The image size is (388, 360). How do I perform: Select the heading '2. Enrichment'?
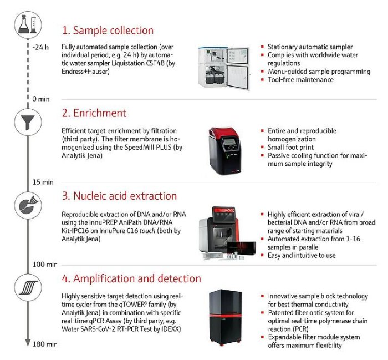94,113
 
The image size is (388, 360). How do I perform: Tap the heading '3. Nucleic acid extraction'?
119,196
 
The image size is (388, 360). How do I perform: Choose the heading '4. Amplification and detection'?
131,278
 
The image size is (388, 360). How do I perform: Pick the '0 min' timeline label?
41,98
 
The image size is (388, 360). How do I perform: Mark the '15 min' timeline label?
43,181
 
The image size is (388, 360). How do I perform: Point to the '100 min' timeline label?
44,264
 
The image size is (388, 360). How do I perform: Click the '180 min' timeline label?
44,344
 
